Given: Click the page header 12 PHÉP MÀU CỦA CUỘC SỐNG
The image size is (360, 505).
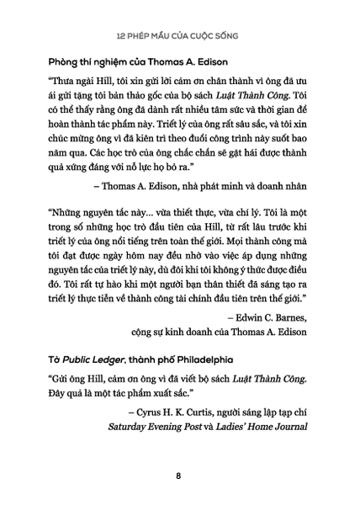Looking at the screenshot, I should click(x=179, y=37).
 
